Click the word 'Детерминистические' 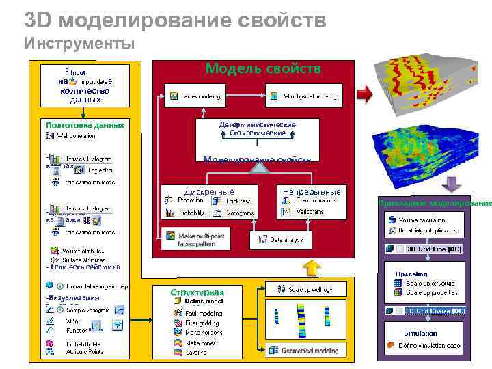click(258, 125)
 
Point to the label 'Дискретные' click(209, 191)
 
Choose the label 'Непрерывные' click(311, 191)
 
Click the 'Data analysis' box click(282, 241)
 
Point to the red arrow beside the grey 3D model click(365, 94)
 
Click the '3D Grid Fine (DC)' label click(434, 249)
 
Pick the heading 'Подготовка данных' click(85, 126)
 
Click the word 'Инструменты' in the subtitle click(80, 44)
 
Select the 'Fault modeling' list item click(203, 313)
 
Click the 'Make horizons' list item click(203, 332)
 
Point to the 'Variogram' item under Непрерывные click(309, 212)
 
